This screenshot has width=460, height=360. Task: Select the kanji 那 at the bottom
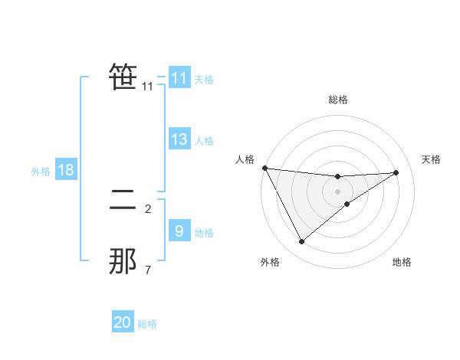click(x=123, y=262)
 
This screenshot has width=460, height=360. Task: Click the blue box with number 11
click(x=179, y=78)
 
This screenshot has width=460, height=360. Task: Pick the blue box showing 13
click(x=179, y=139)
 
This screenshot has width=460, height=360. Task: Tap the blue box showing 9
click(x=179, y=231)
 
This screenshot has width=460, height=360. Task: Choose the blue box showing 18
click(x=66, y=170)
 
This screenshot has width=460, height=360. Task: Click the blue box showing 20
click(x=123, y=322)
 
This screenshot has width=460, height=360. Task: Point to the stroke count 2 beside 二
click(x=148, y=208)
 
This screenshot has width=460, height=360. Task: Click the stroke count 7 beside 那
click(x=148, y=270)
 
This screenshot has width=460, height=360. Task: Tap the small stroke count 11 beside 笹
click(x=148, y=87)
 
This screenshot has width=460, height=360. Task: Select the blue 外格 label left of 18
click(x=41, y=172)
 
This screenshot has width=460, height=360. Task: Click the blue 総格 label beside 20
click(x=147, y=324)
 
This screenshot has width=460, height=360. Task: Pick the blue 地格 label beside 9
click(x=204, y=233)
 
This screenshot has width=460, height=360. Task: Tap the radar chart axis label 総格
click(x=337, y=100)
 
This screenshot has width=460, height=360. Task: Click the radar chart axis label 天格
click(x=432, y=159)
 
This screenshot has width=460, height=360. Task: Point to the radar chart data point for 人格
click(x=264, y=168)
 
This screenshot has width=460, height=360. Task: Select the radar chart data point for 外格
click(x=301, y=242)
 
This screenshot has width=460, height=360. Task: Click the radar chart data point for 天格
click(x=396, y=172)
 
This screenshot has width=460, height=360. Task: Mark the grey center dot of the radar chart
click(x=337, y=191)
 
